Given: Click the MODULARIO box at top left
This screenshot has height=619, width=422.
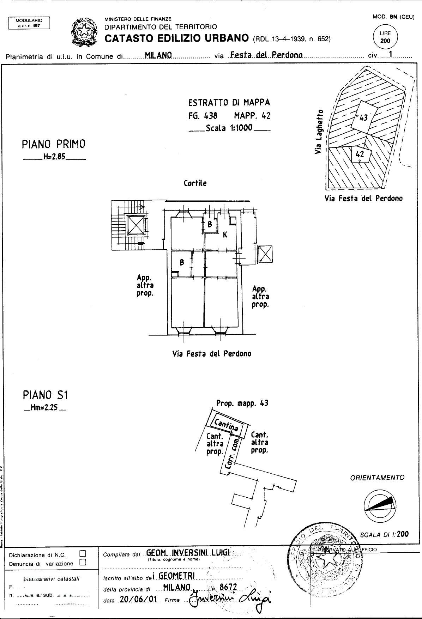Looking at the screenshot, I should pos(29,23).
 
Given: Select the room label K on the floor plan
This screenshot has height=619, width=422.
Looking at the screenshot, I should pos(224,235).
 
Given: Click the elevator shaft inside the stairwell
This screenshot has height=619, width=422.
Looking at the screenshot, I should pos(136,225).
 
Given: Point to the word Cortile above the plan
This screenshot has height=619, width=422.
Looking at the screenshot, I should pos(195,183).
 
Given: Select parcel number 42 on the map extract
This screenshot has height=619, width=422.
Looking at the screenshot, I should pos(360,154).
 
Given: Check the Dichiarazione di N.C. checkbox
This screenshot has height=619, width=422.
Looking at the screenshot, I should pos(83,554).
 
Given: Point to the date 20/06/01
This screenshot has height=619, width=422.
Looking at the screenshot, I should pos(138,600).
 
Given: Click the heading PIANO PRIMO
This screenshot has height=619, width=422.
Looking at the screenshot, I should pos(54,144).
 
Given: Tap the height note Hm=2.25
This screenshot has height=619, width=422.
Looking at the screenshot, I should pos(45,409).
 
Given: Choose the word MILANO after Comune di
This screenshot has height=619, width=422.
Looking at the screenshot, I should pos(158,55).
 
